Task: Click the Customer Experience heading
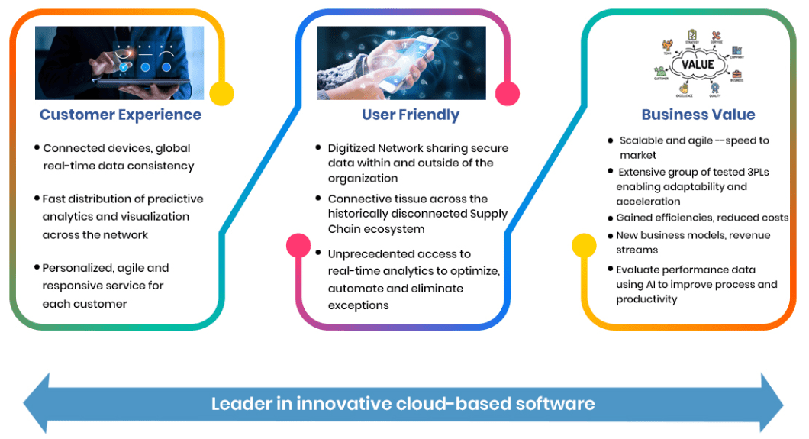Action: (121, 115)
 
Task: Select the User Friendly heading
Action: (411, 115)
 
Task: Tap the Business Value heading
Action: (698, 115)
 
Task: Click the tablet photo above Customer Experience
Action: (120, 63)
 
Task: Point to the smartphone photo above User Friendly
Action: (401, 63)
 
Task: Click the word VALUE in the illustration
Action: (697, 64)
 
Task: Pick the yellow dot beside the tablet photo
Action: (221, 93)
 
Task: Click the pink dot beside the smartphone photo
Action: (508, 93)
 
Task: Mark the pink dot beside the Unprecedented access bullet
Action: (298, 245)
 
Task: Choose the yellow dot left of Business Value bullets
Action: (584, 245)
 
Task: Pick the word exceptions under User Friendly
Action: (358, 305)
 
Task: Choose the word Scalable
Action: (641, 140)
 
